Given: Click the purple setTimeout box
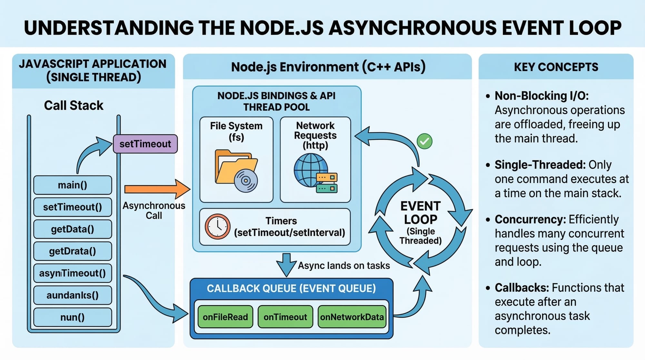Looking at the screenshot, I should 145,144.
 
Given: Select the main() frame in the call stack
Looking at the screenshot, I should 73,185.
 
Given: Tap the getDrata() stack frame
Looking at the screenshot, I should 73,251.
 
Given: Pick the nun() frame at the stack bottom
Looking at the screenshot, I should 73,317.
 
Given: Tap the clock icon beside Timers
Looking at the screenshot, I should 217,226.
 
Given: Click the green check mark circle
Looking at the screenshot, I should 424,141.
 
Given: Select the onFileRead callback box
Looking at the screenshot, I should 225,317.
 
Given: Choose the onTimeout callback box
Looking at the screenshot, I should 285,317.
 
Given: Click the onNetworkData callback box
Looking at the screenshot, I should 352,317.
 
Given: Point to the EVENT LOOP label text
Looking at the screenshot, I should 420,213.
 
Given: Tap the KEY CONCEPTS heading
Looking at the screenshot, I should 556,67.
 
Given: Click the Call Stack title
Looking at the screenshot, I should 74,105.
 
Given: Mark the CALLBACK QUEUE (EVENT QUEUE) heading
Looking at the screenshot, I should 291,288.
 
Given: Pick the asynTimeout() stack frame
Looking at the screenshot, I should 73,273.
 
